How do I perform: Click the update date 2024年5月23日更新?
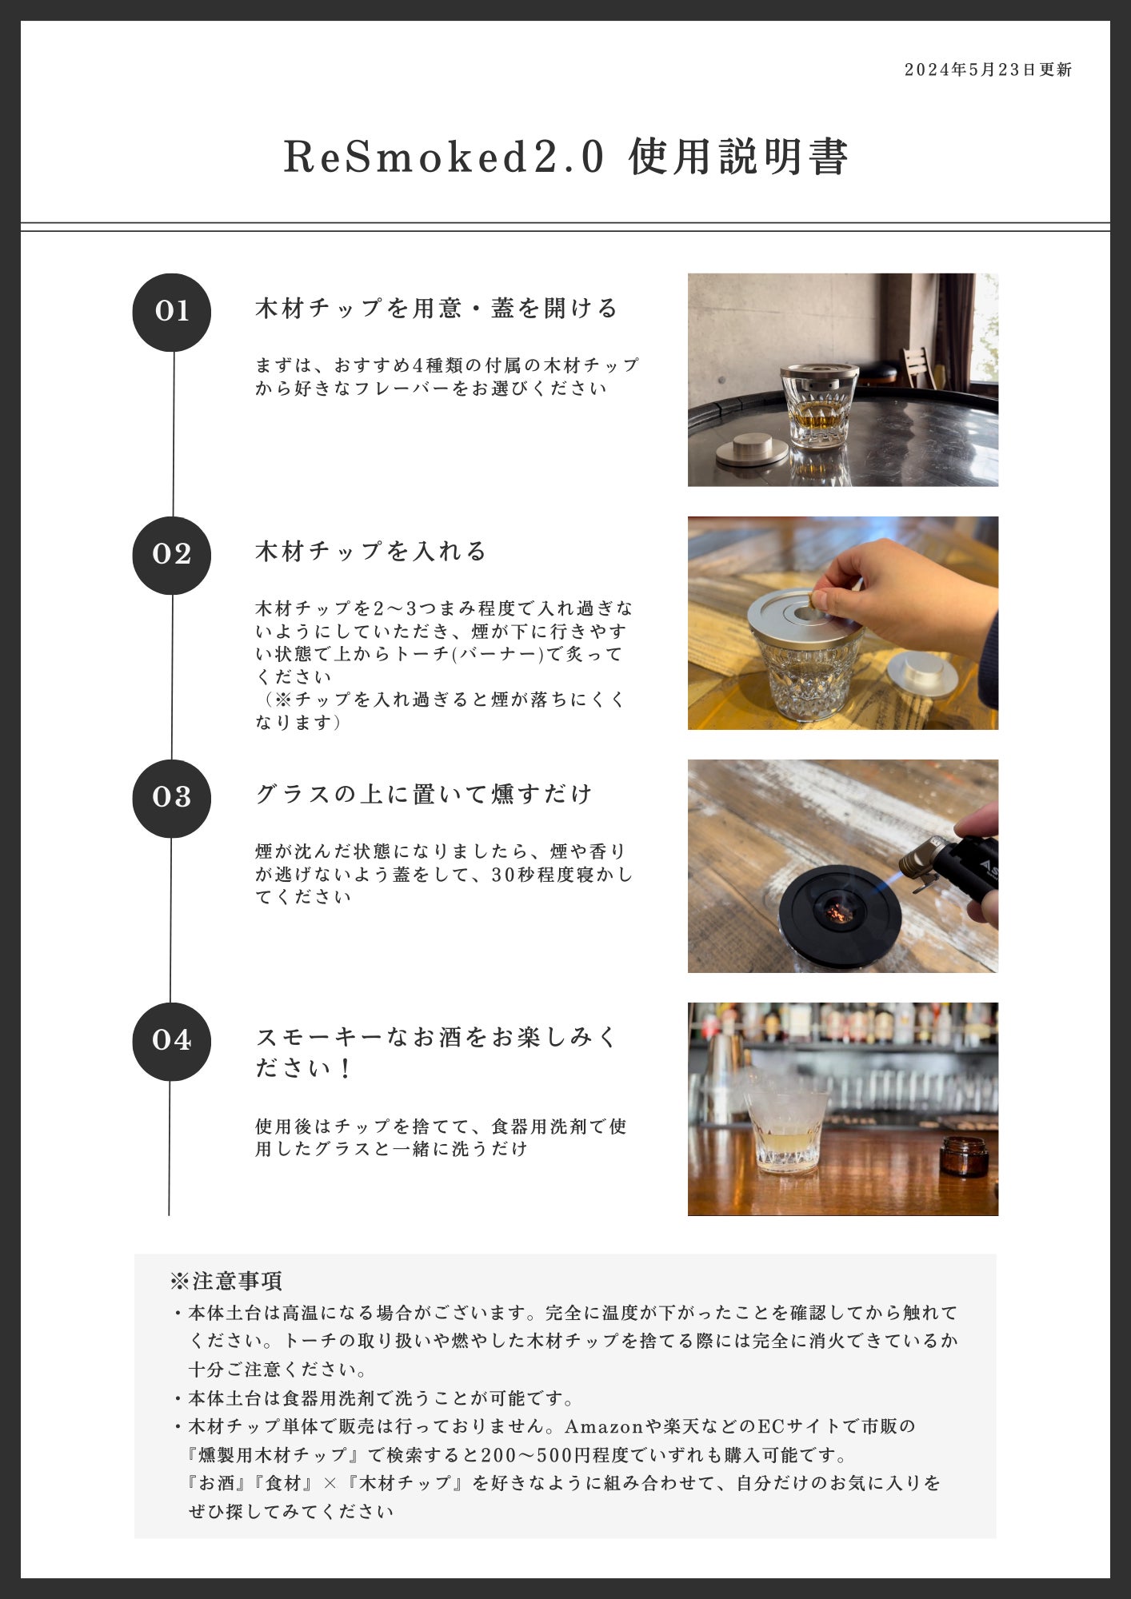pyautogui.click(x=988, y=70)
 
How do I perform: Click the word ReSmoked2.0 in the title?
pyautogui.click(x=444, y=156)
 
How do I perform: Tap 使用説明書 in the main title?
pyautogui.click(x=738, y=156)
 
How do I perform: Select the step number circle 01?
pyautogui.click(x=172, y=312)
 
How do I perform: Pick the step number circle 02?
pyautogui.click(x=172, y=555)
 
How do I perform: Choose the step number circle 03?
pyautogui.click(x=172, y=798)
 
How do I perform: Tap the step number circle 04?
pyautogui.click(x=172, y=1041)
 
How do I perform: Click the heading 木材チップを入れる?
pyautogui.click(x=371, y=551)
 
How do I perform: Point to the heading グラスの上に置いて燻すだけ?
pyautogui.click(x=424, y=794)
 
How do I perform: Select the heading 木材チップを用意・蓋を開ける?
pyautogui.click(x=437, y=308)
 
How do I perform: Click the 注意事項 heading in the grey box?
pyautogui.click(x=226, y=1281)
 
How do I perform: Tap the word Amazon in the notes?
pyautogui.click(x=605, y=1426)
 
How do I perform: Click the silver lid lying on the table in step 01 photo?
pyautogui.click(x=751, y=449)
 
